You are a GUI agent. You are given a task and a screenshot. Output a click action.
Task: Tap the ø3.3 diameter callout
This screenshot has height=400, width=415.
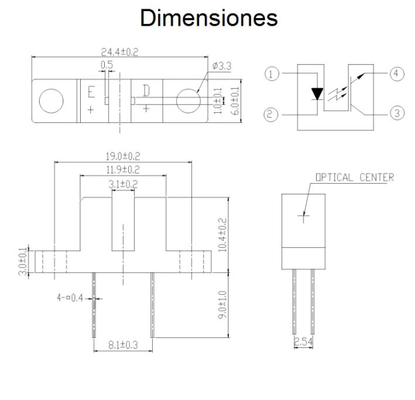pyautogui.click(x=222, y=67)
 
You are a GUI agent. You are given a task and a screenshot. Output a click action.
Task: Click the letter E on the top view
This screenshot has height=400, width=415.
pyautogui.click(x=91, y=92)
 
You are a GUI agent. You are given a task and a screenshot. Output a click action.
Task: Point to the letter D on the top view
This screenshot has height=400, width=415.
pyautogui.click(x=146, y=90)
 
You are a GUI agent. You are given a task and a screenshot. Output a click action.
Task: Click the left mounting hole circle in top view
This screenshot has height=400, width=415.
pyautogui.click(x=52, y=101)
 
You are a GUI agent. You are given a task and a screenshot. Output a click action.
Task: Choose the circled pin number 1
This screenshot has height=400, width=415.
pyautogui.click(x=270, y=74)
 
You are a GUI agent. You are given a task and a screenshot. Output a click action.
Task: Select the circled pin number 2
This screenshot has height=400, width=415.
pyautogui.click(x=270, y=115)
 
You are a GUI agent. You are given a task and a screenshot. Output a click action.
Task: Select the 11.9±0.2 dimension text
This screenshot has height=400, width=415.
pyautogui.click(x=123, y=170)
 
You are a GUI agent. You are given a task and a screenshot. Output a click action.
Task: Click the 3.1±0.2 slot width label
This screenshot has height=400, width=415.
pyautogui.click(x=123, y=184)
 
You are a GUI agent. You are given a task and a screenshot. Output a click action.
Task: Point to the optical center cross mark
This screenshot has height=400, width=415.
pyautogui.click(x=304, y=217)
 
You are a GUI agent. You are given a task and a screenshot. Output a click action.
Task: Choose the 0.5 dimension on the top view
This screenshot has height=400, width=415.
pyautogui.click(x=107, y=64)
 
